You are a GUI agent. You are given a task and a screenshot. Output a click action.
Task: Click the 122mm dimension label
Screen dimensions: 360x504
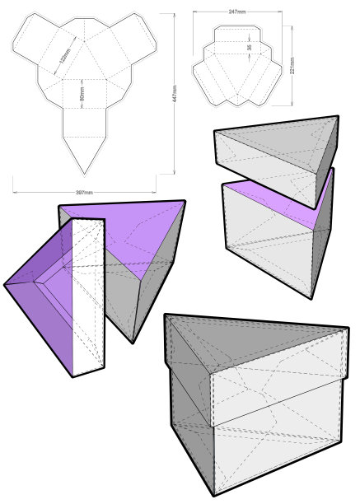click(65, 55)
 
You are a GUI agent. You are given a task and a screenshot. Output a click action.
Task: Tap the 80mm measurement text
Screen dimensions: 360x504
click(82, 93)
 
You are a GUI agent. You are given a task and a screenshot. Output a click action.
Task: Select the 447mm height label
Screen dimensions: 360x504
click(175, 94)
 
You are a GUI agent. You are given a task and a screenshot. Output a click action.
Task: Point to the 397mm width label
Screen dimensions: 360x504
click(84, 193)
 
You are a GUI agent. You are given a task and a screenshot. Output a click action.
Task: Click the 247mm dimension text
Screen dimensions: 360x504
click(237, 12)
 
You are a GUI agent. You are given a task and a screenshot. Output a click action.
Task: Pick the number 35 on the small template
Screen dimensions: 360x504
click(250, 47)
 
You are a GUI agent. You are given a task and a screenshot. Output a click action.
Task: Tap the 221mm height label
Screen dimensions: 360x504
click(292, 66)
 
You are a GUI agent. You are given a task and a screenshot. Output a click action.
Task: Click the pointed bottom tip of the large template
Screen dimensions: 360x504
click(85, 175)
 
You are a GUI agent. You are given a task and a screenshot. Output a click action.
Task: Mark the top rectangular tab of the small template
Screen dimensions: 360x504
click(238, 34)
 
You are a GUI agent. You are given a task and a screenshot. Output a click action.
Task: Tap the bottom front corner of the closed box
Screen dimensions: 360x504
click(214, 495)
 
